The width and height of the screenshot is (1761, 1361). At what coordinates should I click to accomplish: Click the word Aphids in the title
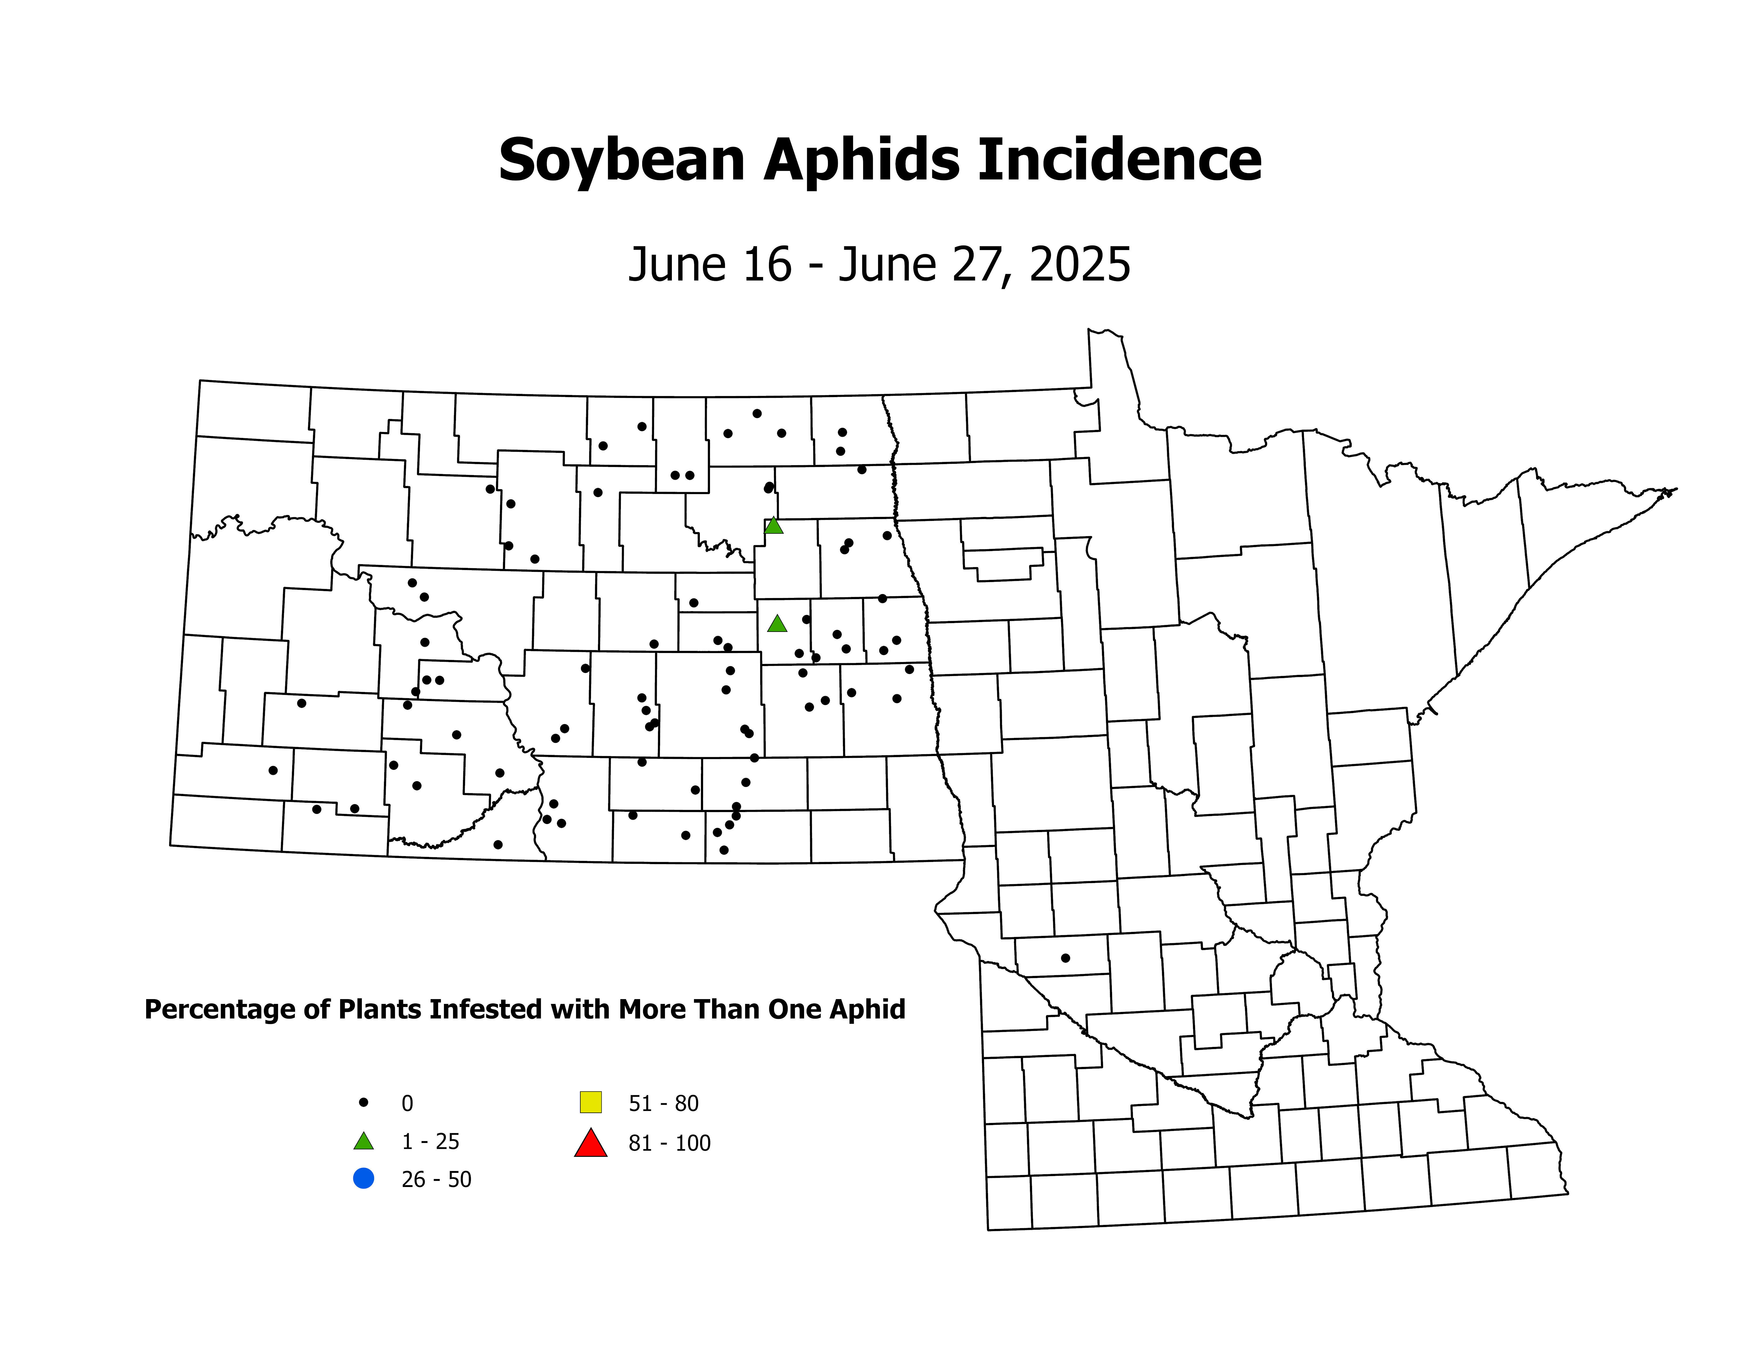(861, 160)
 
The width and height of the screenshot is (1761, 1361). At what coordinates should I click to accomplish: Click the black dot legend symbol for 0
(364, 1102)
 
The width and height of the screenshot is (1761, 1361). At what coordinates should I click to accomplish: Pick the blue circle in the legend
(364, 1179)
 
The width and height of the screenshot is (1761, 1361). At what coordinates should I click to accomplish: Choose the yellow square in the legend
(591, 1101)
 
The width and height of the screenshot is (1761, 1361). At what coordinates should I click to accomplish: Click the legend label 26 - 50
(436, 1180)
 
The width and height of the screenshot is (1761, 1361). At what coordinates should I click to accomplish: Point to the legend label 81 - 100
(669, 1143)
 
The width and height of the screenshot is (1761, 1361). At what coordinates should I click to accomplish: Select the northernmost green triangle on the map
(773, 526)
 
